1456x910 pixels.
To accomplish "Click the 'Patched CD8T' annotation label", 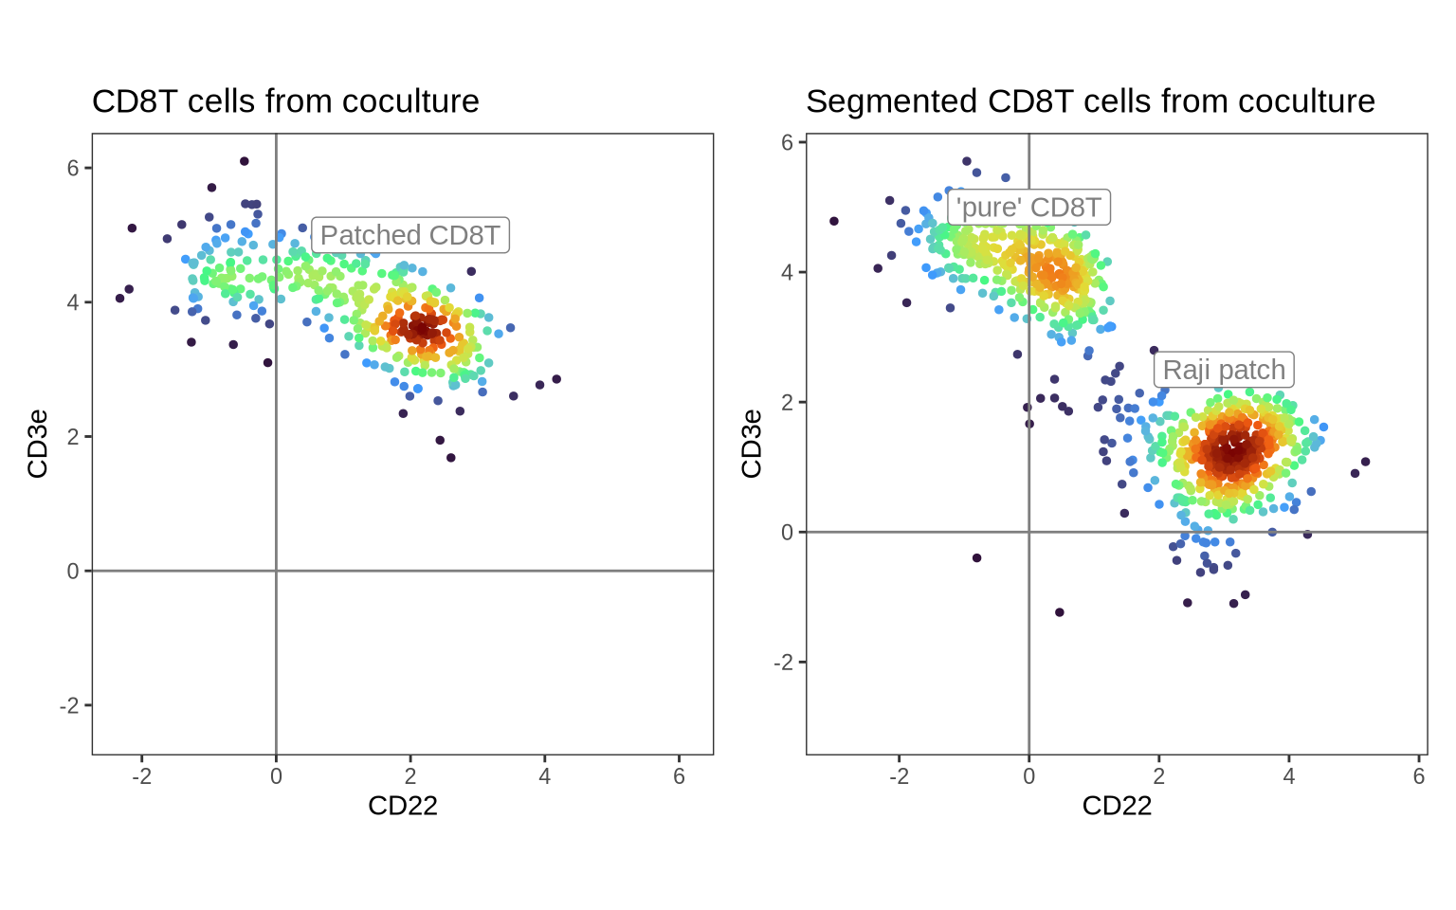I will pyautogui.click(x=409, y=235).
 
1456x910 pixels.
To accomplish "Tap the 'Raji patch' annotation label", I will pyautogui.click(x=1224, y=370).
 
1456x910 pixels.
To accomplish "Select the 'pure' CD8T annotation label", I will pyautogui.click(x=1028, y=208).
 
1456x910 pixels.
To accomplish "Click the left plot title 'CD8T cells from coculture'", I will pyautogui.click(x=285, y=101).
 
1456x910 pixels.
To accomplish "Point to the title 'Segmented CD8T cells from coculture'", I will pyautogui.click(x=1090, y=101).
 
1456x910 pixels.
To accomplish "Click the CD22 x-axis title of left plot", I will pyautogui.click(x=403, y=806).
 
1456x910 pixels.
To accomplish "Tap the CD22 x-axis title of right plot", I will pyautogui.click(x=1117, y=806).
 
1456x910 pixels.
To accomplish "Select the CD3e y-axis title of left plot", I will pyautogui.click(x=38, y=444).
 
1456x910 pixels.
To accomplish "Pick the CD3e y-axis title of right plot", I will pyautogui.click(x=752, y=444).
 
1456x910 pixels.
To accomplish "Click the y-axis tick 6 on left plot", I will pyautogui.click(x=73, y=168).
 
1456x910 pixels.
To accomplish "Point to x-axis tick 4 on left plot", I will pyautogui.click(x=544, y=776).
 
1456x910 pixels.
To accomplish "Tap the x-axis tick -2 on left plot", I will pyautogui.click(x=141, y=776).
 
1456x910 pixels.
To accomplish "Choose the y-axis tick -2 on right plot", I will pyautogui.click(x=784, y=663).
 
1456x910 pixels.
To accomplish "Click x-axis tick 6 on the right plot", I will pyautogui.click(x=1419, y=776).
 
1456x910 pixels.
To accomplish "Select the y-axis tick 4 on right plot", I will pyautogui.click(x=787, y=272).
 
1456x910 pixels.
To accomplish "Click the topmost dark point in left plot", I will pyautogui.click(x=244, y=161).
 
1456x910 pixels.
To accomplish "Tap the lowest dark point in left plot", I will pyautogui.click(x=451, y=458).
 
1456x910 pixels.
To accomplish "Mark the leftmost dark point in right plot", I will pyautogui.click(x=834, y=221).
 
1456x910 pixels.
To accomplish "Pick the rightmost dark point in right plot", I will pyautogui.click(x=1366, y=462).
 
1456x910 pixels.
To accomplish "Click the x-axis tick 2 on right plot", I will pyautogui.click(x=1158, y=776).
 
